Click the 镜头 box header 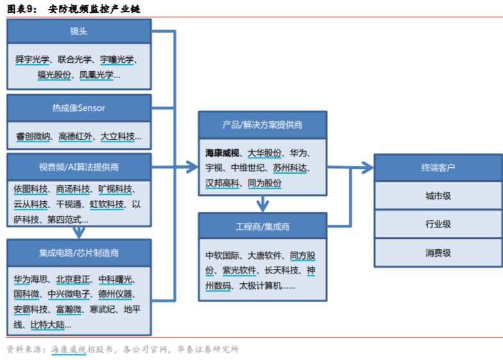pos(79,31)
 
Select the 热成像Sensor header pos(79,108)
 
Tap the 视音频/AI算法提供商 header pos(79,167)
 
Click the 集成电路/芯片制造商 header pos(79,253)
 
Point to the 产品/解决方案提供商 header pos(263,125)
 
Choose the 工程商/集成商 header pos(263,227)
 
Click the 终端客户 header pos(438,168)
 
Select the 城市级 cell pos(438,196)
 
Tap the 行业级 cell pos(438,224)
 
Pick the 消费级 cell pos(438,252)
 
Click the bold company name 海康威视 pos(222,153)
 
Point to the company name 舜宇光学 pos(32,60)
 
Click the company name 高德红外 pos(76,136)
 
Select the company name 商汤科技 pos(73,189)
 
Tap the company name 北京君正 pos(73,279)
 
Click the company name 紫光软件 pos(239,270)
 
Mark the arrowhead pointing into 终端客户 pos(368,167)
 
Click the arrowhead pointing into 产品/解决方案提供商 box pos(192,167)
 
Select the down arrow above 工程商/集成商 pos(263,204)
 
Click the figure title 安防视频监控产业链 pos(94,9)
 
